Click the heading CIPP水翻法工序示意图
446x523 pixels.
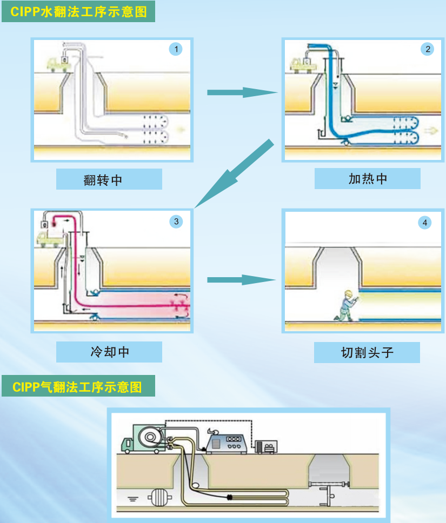point(78,11)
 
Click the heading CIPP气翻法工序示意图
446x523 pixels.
point(78,387)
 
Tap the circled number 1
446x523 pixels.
point(175,50)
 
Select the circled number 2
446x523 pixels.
point(428,50)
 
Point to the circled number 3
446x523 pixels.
point(176,221)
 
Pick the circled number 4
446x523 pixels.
point(425,222)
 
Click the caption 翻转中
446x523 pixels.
point(109,179)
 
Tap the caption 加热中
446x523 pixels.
point(368,179)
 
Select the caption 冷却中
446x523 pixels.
point(109,352)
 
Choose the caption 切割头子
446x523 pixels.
point(367,352)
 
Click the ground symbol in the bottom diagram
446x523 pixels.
point(131,498)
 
